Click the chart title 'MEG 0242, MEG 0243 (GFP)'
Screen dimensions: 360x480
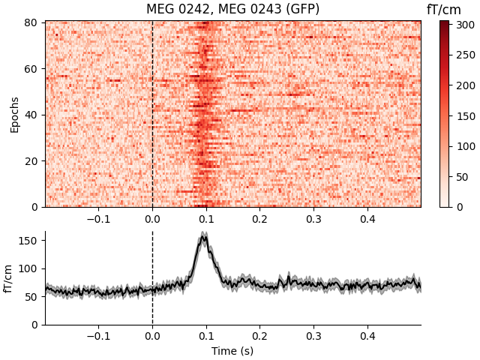[x=232, y=9]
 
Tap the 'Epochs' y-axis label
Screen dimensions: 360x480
[x=14, y=114]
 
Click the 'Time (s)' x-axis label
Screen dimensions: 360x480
[x=232, y=350]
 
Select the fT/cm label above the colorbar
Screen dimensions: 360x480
[x=444, y=9]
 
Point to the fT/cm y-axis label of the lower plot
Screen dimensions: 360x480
[x=10, y=278]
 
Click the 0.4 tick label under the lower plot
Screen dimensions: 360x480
[x=367, y=336]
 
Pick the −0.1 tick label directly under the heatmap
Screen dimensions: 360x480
[x=97, y=218]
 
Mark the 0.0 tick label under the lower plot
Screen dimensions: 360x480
[x=152, y=336]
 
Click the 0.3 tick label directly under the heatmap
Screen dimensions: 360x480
[x=313, y=218]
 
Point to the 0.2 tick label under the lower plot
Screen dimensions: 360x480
[x=259, y=336]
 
